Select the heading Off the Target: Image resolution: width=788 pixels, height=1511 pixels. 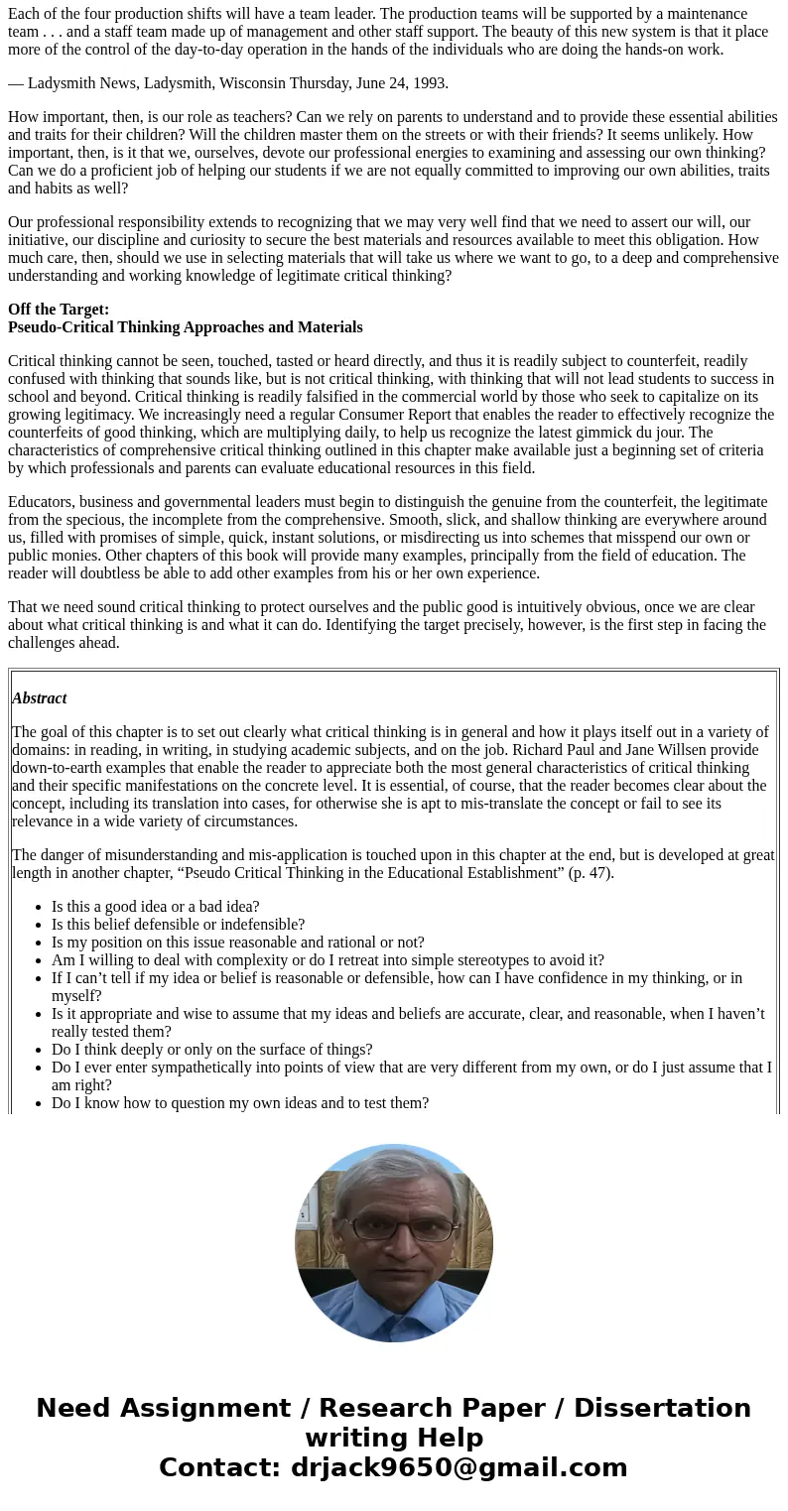coord(59,310)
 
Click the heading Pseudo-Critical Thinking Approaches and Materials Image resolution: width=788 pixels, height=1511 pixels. coord(186,327)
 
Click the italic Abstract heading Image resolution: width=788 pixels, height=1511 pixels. coord(40,698)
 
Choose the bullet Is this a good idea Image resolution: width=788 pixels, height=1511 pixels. coord(156,907)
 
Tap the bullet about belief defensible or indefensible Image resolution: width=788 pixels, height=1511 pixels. coord(179,925)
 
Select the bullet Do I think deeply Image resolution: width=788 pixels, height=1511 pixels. coord(212,1050)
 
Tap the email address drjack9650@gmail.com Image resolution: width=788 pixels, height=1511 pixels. coord(459,1468)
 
